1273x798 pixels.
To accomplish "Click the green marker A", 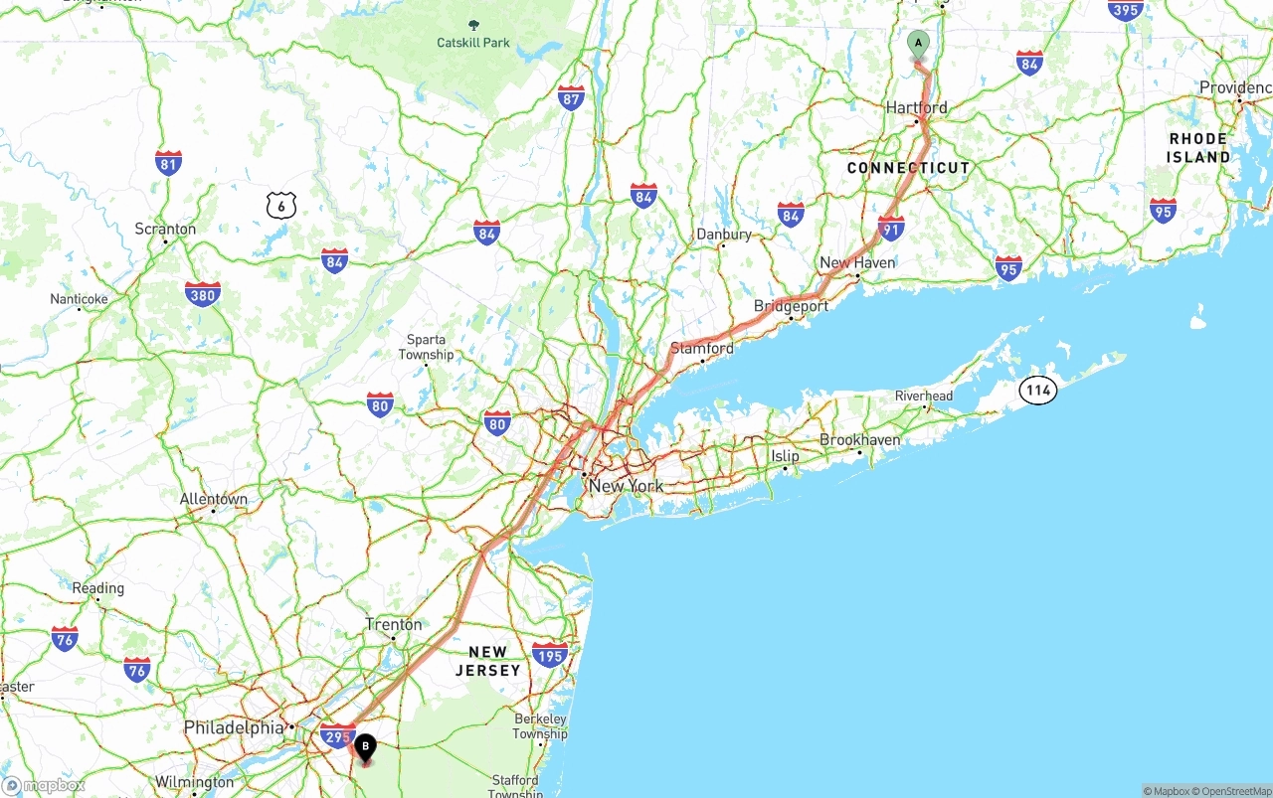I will coord(918,44).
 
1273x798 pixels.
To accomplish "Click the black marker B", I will coord(365,746).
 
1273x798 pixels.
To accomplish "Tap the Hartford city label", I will coord(916,107).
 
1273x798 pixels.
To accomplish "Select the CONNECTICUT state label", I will coord(908,168).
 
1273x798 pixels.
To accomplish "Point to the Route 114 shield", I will coord(1038,391).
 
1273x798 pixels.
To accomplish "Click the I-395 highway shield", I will coord(1125,10).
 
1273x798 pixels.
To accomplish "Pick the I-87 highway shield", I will coord(571,97).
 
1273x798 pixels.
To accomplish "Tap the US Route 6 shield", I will coord(281,206).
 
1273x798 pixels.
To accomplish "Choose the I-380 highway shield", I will coord(202,294).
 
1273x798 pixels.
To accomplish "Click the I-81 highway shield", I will coord(168,164).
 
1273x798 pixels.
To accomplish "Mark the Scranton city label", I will coord(165,229).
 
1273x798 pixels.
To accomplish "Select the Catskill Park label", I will coord(473,43).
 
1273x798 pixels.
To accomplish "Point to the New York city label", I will coord(626,486).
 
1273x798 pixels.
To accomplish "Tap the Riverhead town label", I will coord(924,396).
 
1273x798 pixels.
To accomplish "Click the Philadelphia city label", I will coord(234,727).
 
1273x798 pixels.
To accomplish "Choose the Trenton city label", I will coord(394,624).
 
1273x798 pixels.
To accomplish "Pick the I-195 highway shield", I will coord(549,654).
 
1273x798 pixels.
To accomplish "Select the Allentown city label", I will coord(213,499).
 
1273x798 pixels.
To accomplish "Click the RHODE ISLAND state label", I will coord(1198,148).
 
